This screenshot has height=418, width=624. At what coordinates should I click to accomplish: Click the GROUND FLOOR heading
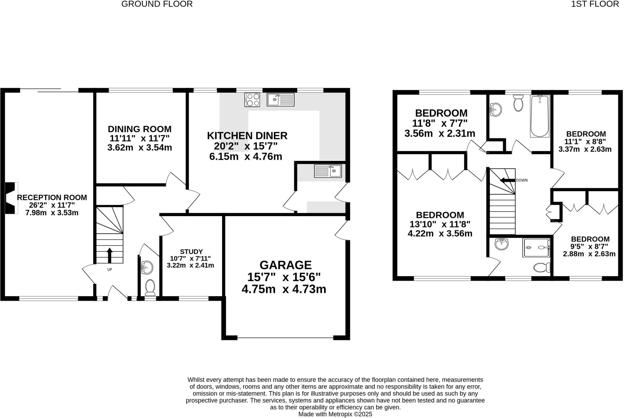pyautogui.click(x=157, y=4)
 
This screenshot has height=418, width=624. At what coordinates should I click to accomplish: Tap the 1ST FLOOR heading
pyautogui.click(x=595, y=4)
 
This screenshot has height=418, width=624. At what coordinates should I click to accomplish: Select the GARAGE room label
pyautogui.click(x=285, y=265)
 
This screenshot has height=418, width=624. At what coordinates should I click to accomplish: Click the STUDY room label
pyautogui.click(x=191, y=252)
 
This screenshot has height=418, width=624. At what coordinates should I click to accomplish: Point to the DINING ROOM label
pyautogui.click(x=140, y=129)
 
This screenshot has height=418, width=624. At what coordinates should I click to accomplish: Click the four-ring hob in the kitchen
pyautogui.click(x=252, y=100)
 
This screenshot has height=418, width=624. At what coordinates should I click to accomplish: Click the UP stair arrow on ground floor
pyautogui.click(x=109, y=255)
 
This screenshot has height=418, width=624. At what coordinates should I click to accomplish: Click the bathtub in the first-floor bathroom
pyautogui.click(x=540, y=116)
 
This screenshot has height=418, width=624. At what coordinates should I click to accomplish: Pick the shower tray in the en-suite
pyautogui.click(x=536, y=248)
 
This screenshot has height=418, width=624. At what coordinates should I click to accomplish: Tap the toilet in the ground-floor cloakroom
pyautogui.click(x=150, y=288)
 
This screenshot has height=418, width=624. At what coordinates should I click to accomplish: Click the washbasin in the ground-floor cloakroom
pyautogui.click(x=147, y=268)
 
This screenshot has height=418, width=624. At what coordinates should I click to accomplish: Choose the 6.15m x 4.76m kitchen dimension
pyautogui.click(x=246, y=157)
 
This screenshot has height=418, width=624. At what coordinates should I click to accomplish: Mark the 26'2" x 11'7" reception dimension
pyautogui.click(x=52, y=205)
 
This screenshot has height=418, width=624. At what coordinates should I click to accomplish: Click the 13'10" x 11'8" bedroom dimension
pyautogui.click(x=440, y=224)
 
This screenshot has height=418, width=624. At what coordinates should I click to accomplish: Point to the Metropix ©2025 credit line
pyautogui.click(x=335, y=414)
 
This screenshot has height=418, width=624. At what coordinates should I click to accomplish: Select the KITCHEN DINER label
pyautogui.click(x=247, y=136)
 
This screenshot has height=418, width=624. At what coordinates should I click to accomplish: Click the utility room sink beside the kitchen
pyautogui.click(x=328, y=171)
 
